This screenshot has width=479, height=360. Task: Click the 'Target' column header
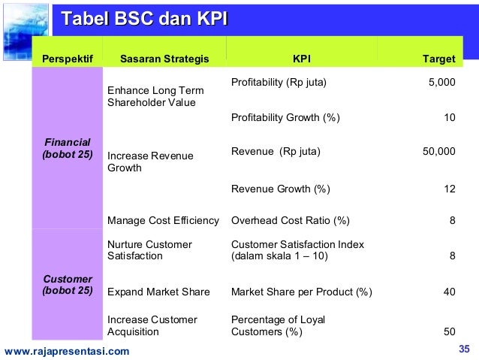pyautogui.click(x=438, y=59)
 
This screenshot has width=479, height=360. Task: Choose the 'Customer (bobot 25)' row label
pyautogui.click(x=68, y=285)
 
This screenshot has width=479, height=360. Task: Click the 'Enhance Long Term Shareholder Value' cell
pyautogui.click(x=155, y=96)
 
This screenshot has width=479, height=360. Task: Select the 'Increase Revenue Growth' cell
pyautogui.click(x=150, y=162)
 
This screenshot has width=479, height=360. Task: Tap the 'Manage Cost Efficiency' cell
pyautogui.click(x=163, y=221)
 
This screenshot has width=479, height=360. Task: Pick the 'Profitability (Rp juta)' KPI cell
pyautogui.click(x=279, y=83)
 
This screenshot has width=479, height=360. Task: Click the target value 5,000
pyautogui.click(x=441, y=83)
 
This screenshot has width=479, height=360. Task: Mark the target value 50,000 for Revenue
pyautogui.click(x=439, y=152)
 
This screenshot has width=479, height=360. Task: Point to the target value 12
pyautogui.click(x=449, y=189)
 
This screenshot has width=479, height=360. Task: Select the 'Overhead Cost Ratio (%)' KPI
pyautogui.click(x=291, y=221)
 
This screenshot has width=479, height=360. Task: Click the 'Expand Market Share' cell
pyautogui.click(x=158, y=292)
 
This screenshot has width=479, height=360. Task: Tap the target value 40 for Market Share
pyautogui.click(x=449, y=292)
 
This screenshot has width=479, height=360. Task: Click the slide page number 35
pyautogui.click(x=463, y=349)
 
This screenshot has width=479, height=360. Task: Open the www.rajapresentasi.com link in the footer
pyautogui.click(x=67, y=351)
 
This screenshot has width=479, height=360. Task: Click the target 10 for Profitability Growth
pyautogui.click(x=449, y=118)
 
